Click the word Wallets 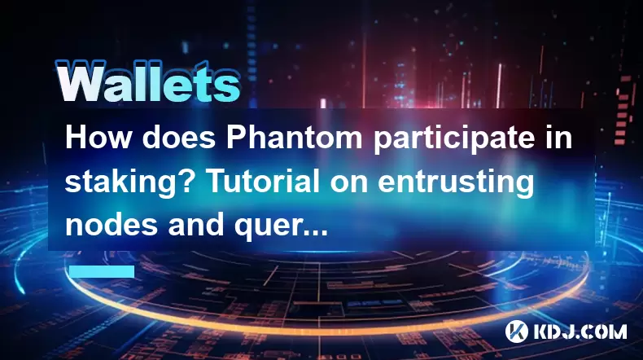pyautogui.click(x=148, y=81)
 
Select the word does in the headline pyautogui.click(x=178, y=137)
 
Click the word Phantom pyautogui.click(x=294, y=137)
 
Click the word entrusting pyautogui.click(x=456, y=183)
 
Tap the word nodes pyautogui.click(x=112, y=225)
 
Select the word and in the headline pyautogui.click(x=195, y=225)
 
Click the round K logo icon pyautogui.click(x=516, y=331)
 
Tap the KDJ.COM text pyautogui.click(x=579, y=331)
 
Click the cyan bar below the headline pyautogui.click(x=102, y=271)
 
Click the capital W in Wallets pyautogui.click(x=80, y=81)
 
